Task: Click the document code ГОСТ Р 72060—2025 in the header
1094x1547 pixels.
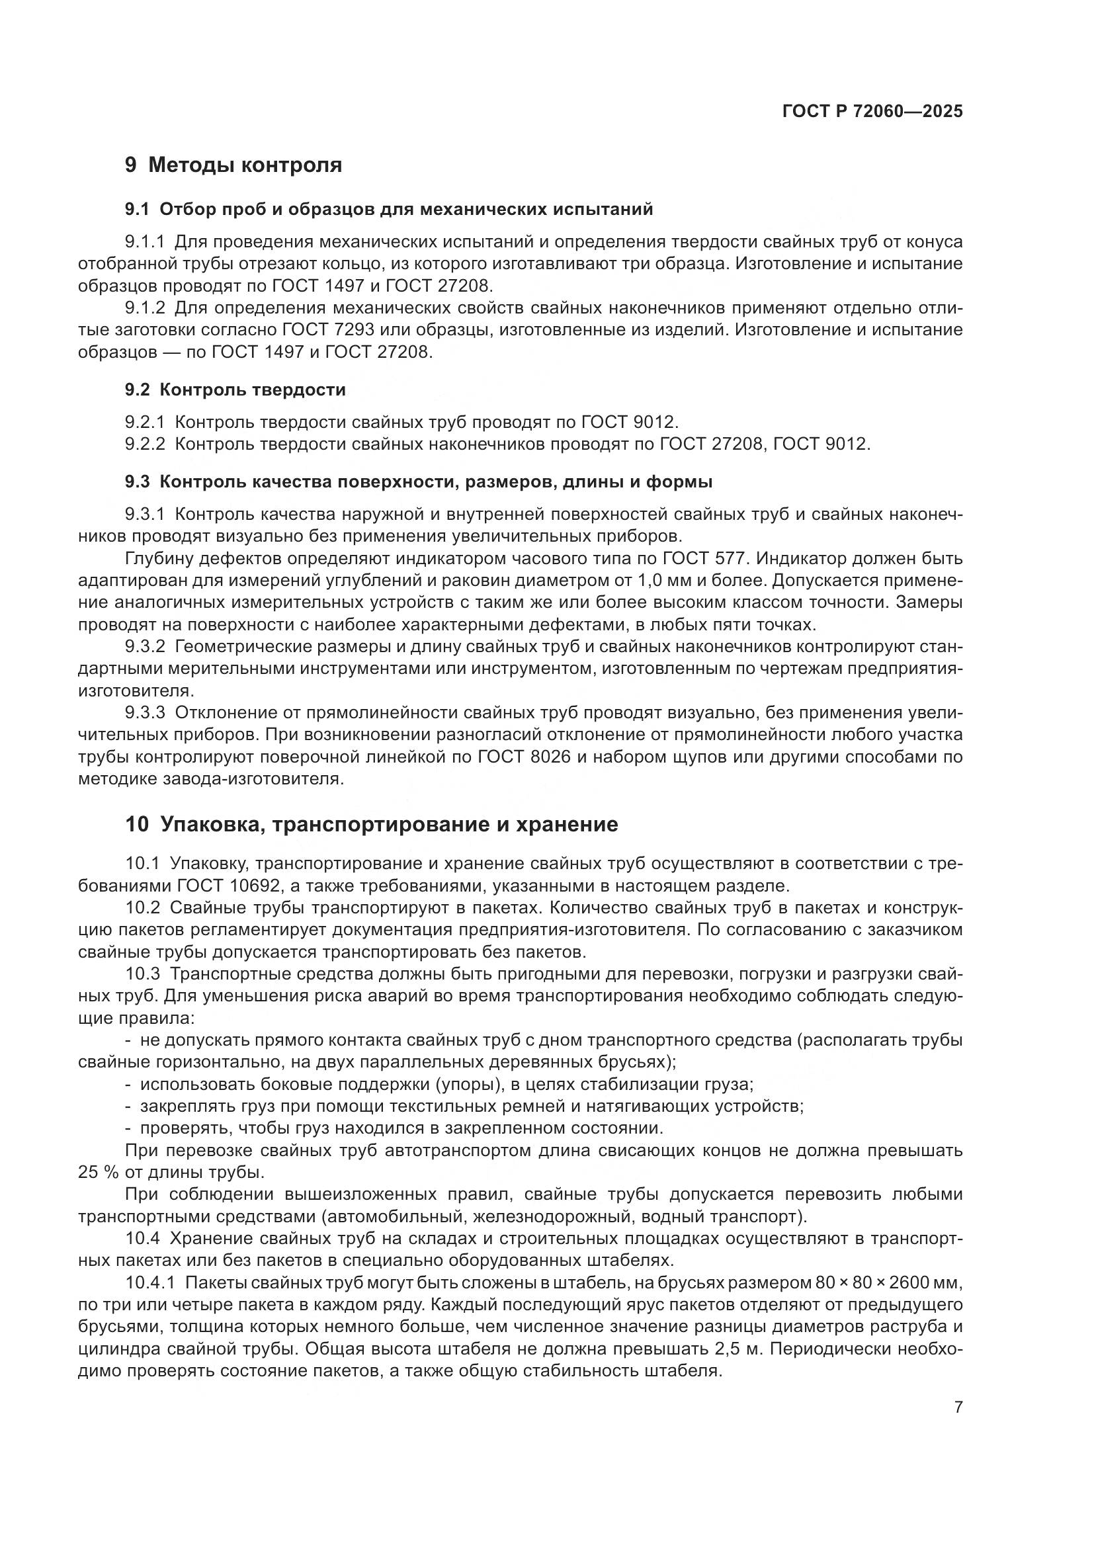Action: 872,111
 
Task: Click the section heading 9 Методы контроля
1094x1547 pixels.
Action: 233,165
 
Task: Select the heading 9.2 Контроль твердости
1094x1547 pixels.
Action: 235,390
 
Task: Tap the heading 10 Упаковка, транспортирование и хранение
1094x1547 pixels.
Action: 371,825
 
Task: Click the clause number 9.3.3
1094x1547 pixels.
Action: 145,713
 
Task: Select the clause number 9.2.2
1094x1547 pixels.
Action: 145,444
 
